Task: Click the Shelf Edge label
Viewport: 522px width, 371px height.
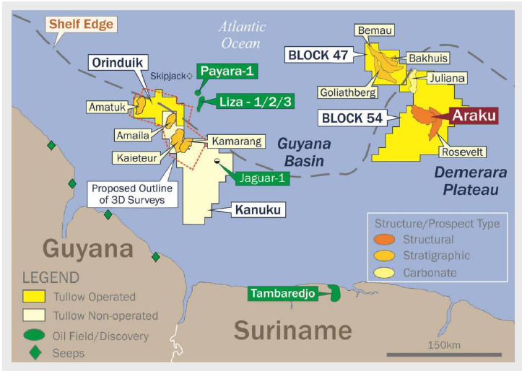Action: (x=82, y=25)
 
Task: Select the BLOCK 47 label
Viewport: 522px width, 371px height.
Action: (x=318, y=54)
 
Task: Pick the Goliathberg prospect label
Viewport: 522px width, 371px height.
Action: (x=347, y=92)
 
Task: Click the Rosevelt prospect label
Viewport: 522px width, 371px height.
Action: (x=464, y=152)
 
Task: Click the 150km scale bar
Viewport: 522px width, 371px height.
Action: (x=443, y=354)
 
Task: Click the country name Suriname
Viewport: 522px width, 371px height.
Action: (x=292, y=331)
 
